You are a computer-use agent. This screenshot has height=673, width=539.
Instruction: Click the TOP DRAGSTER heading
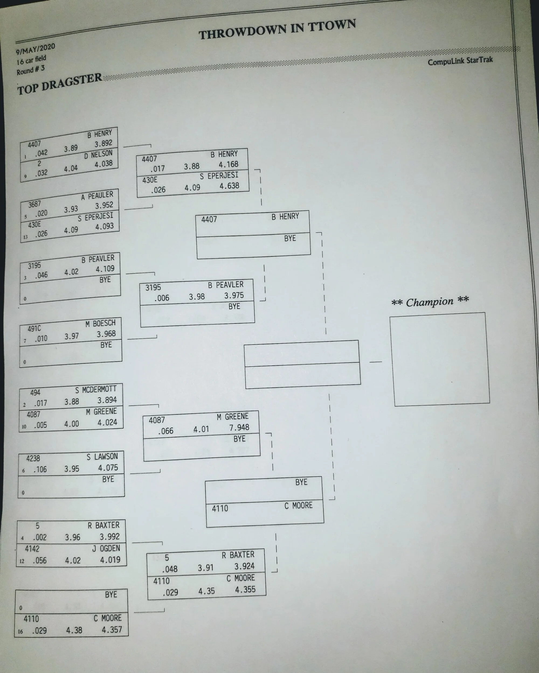point(59,84)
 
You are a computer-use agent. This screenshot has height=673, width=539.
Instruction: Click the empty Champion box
point(440,359)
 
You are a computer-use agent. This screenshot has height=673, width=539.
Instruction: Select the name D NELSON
point(98,155)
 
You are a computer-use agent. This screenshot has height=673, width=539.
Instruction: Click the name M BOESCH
point(100,323)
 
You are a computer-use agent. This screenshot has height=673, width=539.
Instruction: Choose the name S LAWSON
point(102,457)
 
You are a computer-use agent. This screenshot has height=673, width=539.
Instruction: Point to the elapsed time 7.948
point(239,427)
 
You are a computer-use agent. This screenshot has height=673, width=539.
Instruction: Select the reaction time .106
point(40,469)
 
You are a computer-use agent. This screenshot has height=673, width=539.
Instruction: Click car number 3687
point(34,204)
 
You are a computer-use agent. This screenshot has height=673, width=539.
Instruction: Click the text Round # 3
point(31,70)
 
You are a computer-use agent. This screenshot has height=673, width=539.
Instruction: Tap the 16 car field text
point(31,59)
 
